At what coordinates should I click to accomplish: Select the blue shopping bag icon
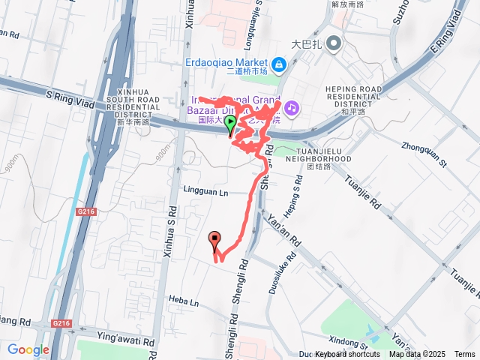278,65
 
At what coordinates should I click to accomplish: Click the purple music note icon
291,108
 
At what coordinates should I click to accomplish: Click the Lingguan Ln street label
204,192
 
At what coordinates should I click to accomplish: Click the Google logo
28,349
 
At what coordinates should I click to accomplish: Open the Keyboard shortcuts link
347,355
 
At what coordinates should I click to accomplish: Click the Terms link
464,355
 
